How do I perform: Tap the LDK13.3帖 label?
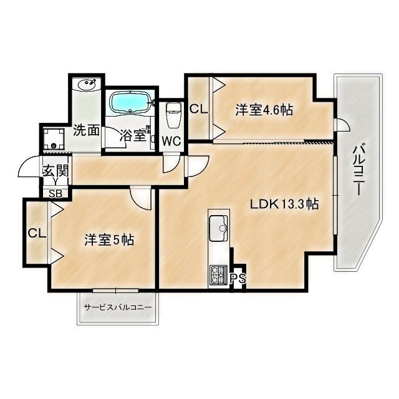coord(285,204)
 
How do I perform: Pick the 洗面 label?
coord(86,130)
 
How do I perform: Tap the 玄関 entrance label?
coord(55,170)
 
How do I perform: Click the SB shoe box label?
coord(55,193)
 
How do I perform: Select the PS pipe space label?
coord(237,279)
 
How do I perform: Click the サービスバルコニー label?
coord(117,308)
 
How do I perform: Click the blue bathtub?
coord(130,102)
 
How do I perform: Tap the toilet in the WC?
coord(173,115)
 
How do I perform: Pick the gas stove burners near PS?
coord(219,272)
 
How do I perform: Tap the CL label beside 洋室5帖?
coord(36,234)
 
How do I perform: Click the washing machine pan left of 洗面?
coord(54,140)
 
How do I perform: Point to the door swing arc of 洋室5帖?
coord(142,198)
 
